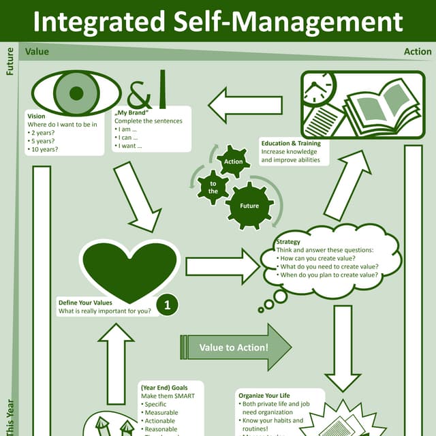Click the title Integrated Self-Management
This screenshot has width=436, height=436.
[x=218, y=21]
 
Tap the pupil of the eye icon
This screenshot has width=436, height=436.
[x=77, y=93]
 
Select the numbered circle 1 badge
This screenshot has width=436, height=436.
[x=167, y=306]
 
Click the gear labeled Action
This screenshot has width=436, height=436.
[x=233, y=161]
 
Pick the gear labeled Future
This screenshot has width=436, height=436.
[x=249, y=205]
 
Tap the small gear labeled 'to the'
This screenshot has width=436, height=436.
[x=213, y=188]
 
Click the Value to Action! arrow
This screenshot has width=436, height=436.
[x=236, y=347]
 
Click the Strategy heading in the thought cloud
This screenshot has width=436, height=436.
[x=288, y=242]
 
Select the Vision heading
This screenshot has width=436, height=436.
[x=37, y=116]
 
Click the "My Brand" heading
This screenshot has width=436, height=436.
[x=132, y=112]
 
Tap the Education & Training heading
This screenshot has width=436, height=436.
[x=291, y=144]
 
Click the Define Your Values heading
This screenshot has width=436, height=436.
[x=85, y=302]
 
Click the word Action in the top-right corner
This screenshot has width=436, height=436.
[x=417, y=51]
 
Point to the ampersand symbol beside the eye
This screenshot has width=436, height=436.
[x=140, y=91]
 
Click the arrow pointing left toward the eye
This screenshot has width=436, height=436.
[x=245, y=106]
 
